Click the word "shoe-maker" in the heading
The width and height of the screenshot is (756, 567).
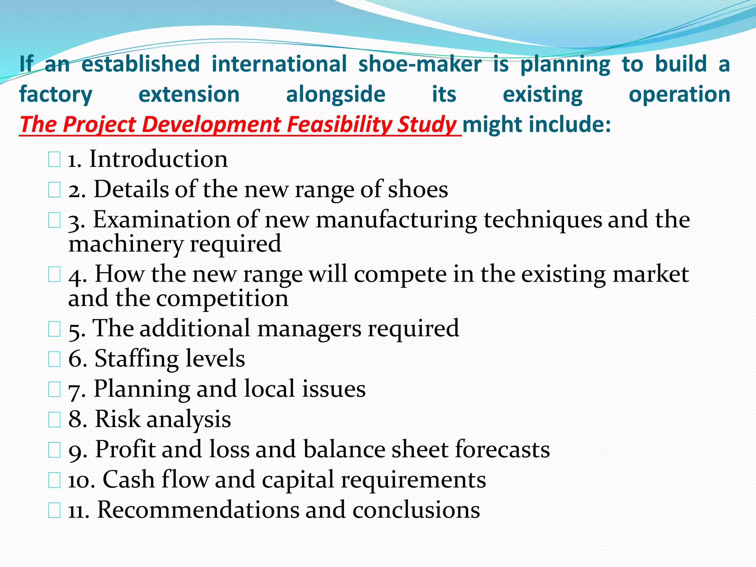coord(420,64)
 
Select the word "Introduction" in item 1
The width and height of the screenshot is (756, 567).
coord(158,159)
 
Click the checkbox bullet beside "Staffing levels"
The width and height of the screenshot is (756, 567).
coord(54,359)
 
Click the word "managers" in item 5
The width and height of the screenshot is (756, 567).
coord(309,329)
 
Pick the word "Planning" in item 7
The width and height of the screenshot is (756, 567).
coord(142,389)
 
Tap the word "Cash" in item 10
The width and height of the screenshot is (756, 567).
coord(128,480)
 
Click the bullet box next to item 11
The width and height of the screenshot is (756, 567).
coord(54,511)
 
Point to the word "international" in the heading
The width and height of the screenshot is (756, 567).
coord(279,64)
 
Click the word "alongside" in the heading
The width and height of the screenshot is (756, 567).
coord(336,94)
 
